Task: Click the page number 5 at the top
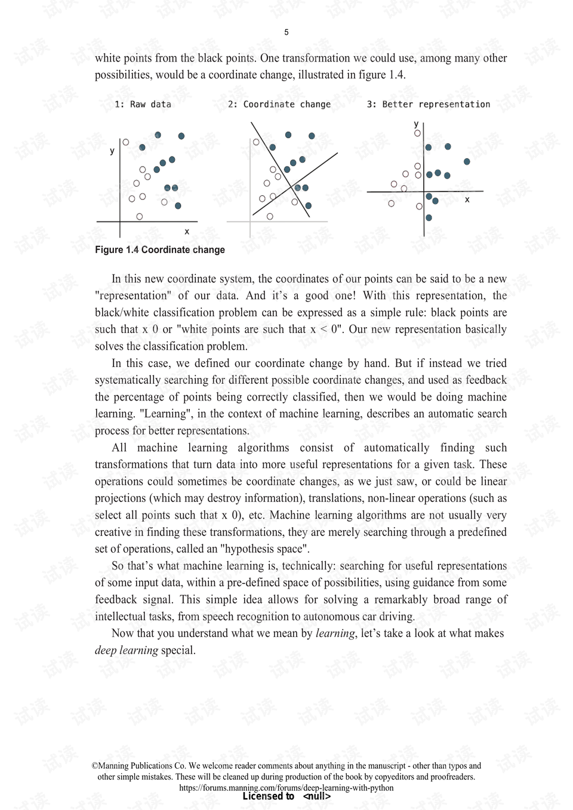[x=286, y=32]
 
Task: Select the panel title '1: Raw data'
[x=143, y=104]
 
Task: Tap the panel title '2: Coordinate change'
[x=279, y=104]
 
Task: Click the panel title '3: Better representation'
[x=428, y=104]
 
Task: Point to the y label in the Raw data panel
[x=112, y=151]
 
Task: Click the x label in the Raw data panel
[x=187, y=232]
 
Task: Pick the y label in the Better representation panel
[x=416, y=124]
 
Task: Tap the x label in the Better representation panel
[x=467, y=199]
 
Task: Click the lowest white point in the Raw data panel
[x=140, y=217]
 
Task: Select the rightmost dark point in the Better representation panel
[x=467, y=162]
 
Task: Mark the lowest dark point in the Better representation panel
[x=429, y=218]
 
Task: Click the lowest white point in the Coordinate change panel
[x=270, y=217]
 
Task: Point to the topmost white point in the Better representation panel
[x=417, y=133]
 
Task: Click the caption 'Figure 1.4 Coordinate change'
[x=160, y=250]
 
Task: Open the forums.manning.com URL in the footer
[x=286, y=787]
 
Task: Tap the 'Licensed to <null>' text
[x=286, y=796]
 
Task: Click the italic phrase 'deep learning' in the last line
[x=127, y=651]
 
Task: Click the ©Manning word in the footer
[x=118, y=766]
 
